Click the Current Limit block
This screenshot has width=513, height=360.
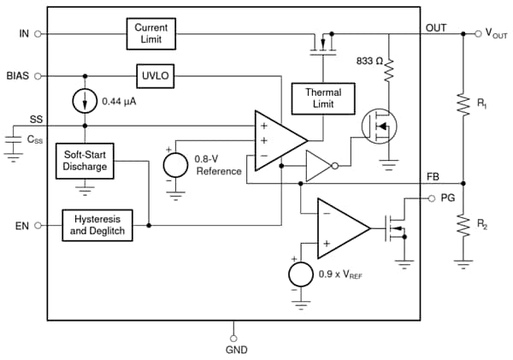[151, 35]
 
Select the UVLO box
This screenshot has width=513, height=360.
[154, 75]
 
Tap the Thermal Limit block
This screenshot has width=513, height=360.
[316, 98]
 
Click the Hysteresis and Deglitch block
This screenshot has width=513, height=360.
[98, 226]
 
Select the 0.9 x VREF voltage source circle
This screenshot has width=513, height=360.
[301, 275]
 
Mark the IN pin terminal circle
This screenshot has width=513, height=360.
[38, 34]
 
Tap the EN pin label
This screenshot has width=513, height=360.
[21, 226]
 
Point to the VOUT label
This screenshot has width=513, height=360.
[497, 34]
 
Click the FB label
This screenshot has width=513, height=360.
[433, 175]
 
